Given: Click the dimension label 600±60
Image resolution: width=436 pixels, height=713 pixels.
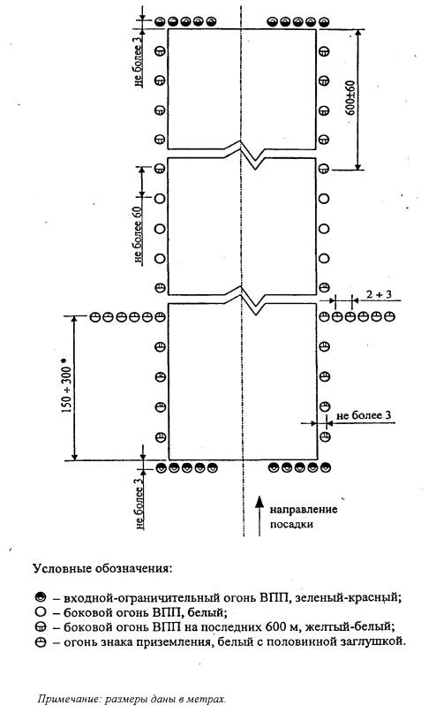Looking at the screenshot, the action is (x=351, y=98).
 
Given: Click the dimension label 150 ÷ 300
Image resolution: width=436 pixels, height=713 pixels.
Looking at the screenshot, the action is (x=66, y=386).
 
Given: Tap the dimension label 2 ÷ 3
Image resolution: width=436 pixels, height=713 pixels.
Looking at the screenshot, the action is (x=379, y=294).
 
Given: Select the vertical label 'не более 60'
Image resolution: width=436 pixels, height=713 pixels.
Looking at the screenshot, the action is (x=139, y=235).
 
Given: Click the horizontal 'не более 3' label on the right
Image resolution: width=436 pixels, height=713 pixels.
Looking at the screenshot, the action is (x=364, y=415).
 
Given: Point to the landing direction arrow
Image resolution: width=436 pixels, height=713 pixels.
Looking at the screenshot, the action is (x=259, y=516).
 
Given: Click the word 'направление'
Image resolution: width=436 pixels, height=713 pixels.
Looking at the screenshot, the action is (x=304, y=509).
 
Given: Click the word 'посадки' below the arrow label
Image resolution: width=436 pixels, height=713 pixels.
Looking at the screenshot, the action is (x=291, y=524).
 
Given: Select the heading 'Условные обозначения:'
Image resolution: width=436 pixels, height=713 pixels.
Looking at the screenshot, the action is (x=102, y=568).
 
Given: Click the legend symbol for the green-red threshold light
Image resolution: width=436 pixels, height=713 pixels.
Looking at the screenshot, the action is (x=41, y=596).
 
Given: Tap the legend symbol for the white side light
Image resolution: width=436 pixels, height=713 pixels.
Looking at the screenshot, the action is (x=41, y=611).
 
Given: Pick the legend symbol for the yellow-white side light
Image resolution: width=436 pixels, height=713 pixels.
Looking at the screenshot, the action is (x=41, y=627).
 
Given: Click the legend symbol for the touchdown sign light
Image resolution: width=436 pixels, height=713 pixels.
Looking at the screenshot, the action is (x=41, y=642).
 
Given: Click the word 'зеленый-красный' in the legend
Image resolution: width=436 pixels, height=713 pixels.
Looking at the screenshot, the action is (x=348, y=597).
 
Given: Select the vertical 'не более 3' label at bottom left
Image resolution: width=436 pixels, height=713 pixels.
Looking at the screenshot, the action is (x=139, y=502).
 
